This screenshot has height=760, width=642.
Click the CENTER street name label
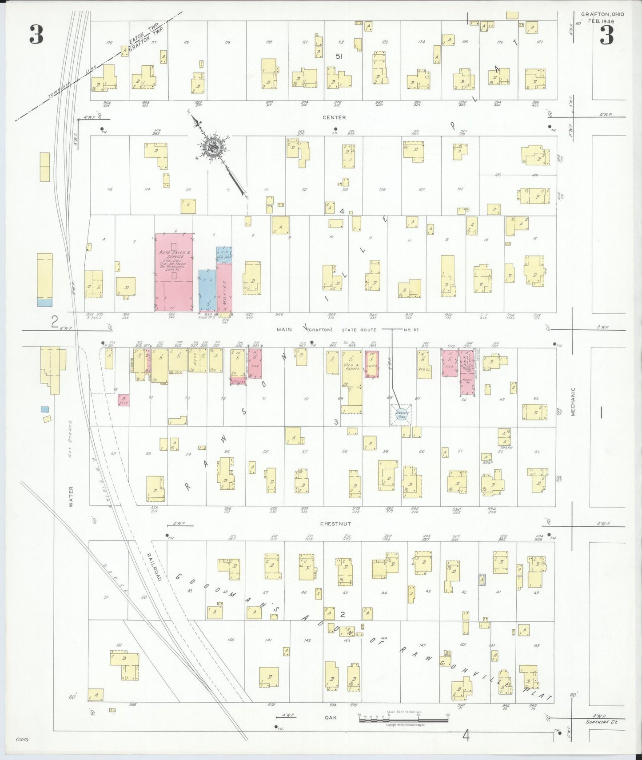(334, 117)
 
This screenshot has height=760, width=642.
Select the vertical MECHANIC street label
(573, 402)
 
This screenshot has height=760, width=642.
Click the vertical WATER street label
(71, 496)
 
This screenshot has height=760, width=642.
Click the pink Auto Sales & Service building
(174, 272)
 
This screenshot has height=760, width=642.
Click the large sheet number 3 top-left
(36, 35)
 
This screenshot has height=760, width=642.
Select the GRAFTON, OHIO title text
(602, 14)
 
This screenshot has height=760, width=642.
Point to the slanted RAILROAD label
(153, 567)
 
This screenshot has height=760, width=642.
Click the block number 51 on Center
(339, 56)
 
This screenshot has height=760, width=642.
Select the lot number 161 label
(119, 644)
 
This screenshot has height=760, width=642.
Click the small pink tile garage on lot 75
(123, 400)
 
